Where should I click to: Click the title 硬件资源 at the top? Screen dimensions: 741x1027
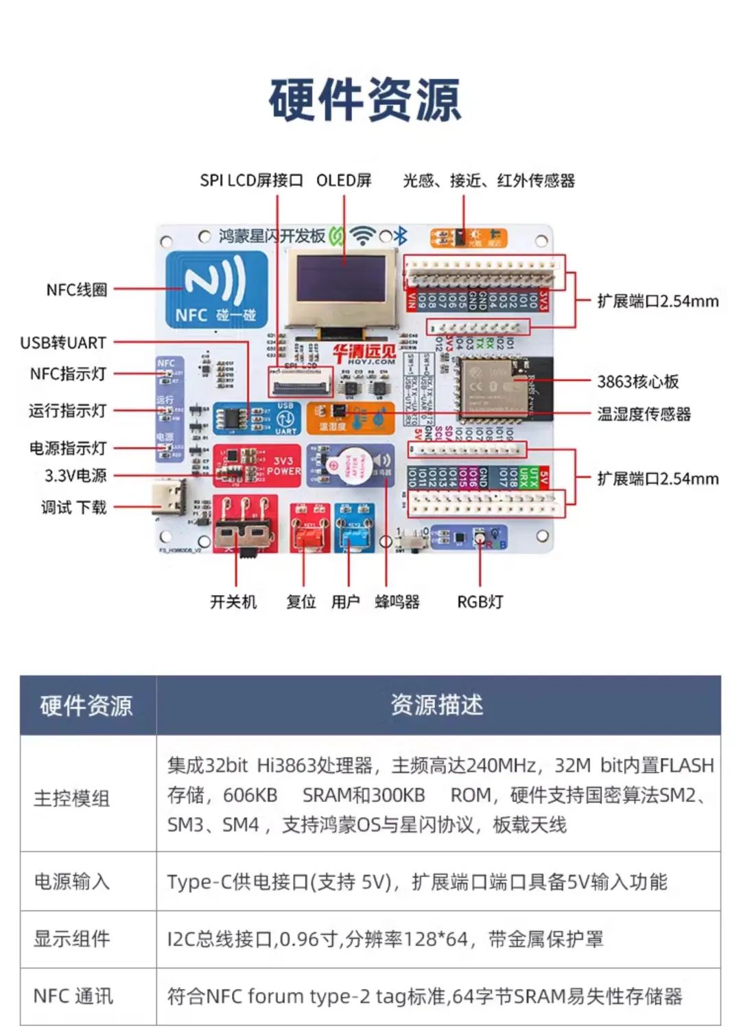364,100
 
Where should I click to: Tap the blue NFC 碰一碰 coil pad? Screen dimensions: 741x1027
216,289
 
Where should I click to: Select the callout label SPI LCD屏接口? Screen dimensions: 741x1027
251,181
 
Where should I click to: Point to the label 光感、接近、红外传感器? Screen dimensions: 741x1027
489,181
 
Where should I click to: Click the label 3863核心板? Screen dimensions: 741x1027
637,382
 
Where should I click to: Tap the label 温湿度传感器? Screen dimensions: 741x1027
644,414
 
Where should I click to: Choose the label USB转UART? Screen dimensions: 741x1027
63,342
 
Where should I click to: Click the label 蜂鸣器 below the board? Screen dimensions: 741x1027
397,602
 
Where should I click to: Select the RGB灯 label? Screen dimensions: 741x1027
480,602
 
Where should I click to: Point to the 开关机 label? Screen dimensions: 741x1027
233,602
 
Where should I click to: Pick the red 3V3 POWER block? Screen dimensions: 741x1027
257,465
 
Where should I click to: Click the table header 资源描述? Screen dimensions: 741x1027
437,705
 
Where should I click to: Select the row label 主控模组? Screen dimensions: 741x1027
71,798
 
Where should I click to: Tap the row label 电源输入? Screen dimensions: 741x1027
71,881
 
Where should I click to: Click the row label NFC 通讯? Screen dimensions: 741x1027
73,996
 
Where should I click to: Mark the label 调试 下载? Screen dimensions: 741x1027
73,507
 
